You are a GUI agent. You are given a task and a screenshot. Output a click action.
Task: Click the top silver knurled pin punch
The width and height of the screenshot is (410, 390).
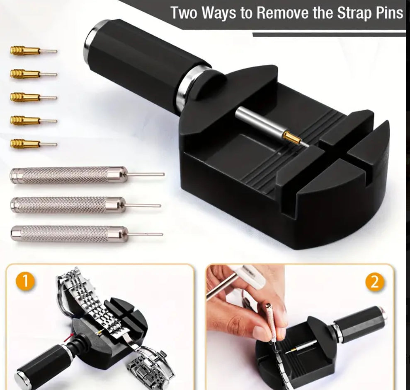coord(68,175)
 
